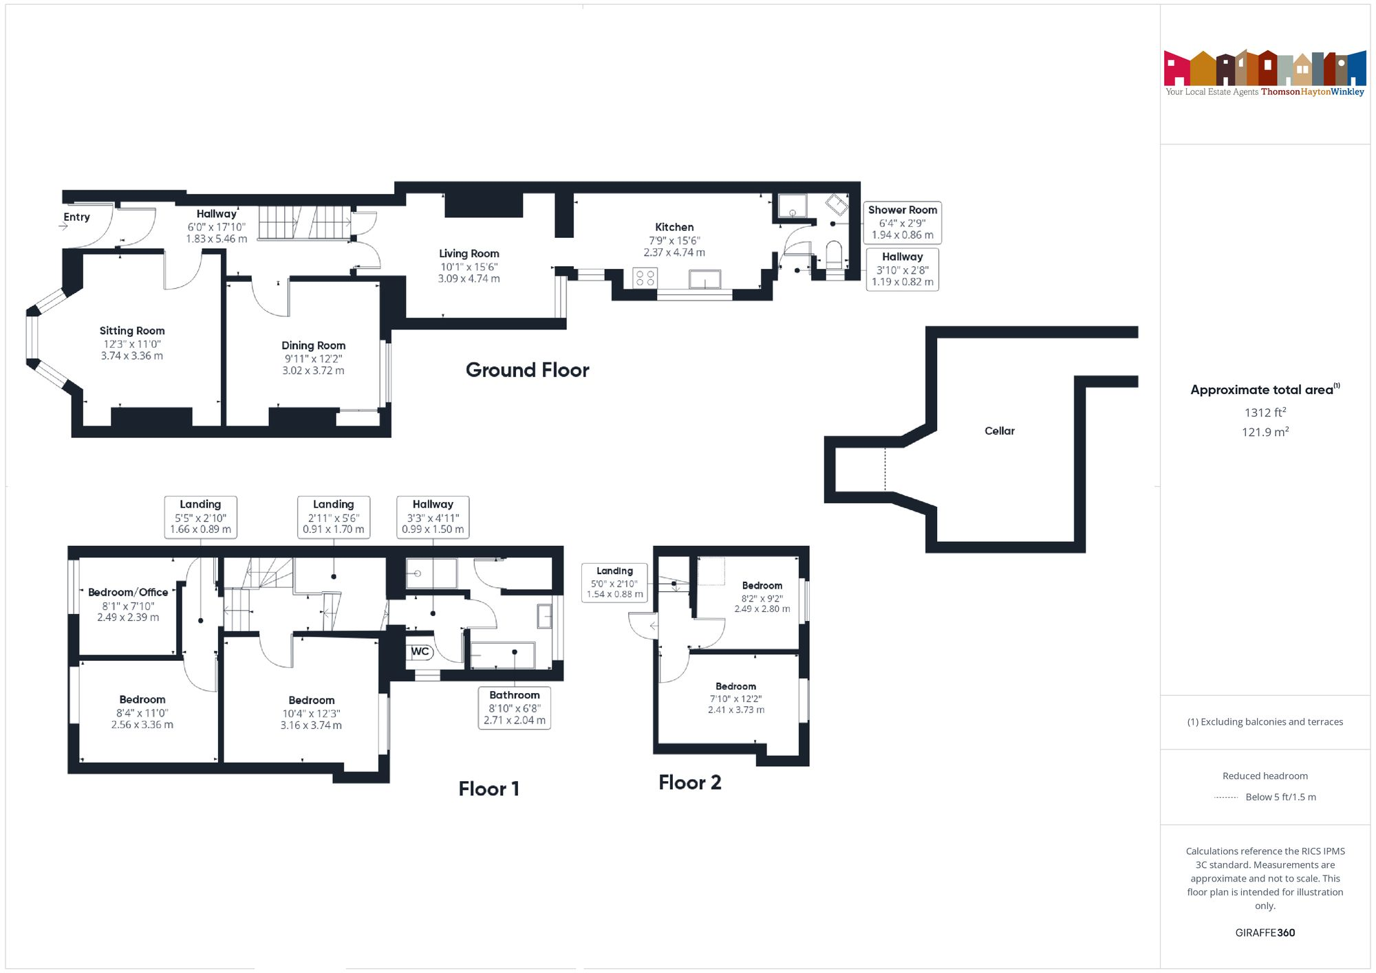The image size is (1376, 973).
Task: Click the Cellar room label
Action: pyautogui.click(x=999, y=431)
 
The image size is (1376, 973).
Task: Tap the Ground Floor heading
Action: pyautogui.click(x=527, y=370)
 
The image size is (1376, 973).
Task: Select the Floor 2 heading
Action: pyautogui.click(x=689, y=783)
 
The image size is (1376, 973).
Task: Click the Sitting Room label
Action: pyautogui.click(x=132, y=331)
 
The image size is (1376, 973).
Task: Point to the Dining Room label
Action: pyautogui.click(x=313, y=345)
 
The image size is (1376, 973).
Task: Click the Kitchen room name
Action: pyautogui.click(x=674, y=227)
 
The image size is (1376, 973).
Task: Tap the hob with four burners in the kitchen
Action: pyautogui.click(x=645, y=278)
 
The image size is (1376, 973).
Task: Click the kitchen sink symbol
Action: pyautogui.click(x=705, y=279)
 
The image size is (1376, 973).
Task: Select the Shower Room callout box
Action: pyautogui.click(x=902, y=222)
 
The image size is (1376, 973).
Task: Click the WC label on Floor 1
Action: pyautogui.click(x=420, y=651)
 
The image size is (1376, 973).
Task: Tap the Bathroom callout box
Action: pyautogui.click(x=514, y=708)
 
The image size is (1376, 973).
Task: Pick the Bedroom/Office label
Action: pyautogui.click(x=128, y=592)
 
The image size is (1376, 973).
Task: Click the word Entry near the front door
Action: pyautogui.click(x=76, y=217)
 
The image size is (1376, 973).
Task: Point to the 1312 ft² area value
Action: pyautogui.click(x=1265, y=413)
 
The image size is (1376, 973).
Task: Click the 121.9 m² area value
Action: pyautogui.click(x=1265, y=432)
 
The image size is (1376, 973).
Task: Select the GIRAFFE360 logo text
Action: pyautogui.click(x=1265, y=932)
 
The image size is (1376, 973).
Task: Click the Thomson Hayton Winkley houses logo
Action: pyautogui.click(x=1265, y=69)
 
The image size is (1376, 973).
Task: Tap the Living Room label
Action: pyautogui.click(x=469, y=254)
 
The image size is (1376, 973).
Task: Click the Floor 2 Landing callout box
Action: pyautogui.click(x=614, y=582)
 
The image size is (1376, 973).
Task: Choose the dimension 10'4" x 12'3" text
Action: pyautogui.click(x=311, y=713)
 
